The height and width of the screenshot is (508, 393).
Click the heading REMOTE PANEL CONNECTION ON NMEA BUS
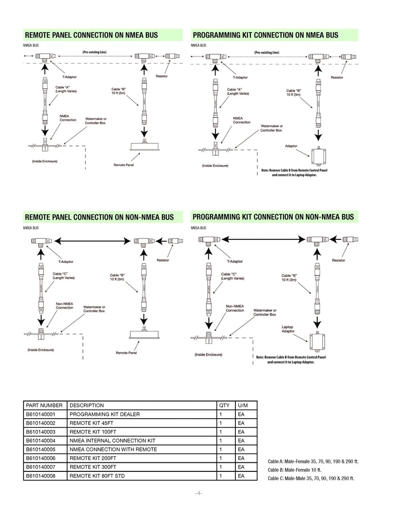click(91, 35)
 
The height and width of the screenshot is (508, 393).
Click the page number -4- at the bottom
click(199, 493)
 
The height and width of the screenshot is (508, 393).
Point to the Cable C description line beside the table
click(311, 478)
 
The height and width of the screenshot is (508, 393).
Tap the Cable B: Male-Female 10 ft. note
click(294, 470)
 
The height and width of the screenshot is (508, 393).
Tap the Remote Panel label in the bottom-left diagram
click(126, 352)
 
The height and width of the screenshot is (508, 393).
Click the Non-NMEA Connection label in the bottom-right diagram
click(235, 308)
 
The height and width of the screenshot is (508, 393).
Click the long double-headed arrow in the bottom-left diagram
click(94, 241)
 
